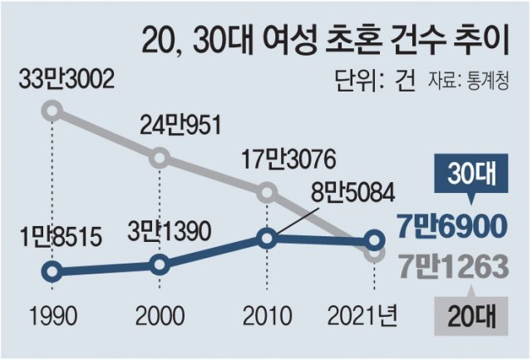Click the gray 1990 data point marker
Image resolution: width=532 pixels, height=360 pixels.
tap(52, 110)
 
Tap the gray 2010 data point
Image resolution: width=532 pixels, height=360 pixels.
tap(266, 193)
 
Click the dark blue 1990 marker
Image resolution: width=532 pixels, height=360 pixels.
tap(52, 271)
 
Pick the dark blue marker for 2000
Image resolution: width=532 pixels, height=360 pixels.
tap(160, 265)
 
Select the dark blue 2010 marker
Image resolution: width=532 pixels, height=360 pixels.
tap(266, 239)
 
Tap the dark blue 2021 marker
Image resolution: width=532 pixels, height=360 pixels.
tap(374, 241)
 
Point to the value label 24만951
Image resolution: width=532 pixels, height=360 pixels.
tap(180, 126)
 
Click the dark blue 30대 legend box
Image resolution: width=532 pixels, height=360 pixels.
tap(468, 177)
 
